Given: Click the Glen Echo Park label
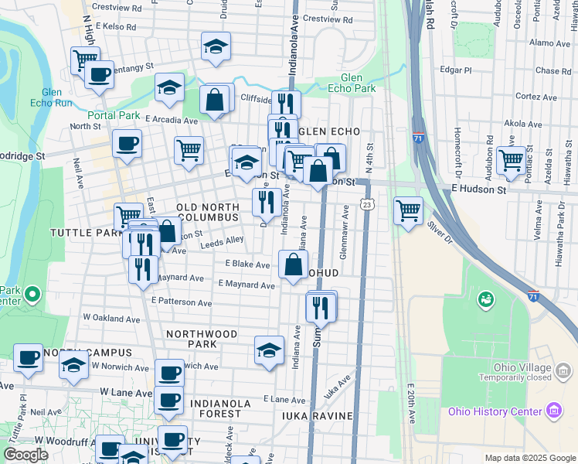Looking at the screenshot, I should (x=358, y=83).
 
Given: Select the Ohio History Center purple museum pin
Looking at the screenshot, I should (x=553, y=410).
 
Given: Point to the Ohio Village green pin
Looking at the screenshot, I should (x=486, y=298).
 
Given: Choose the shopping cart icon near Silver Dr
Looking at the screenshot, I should (x=407, y=210).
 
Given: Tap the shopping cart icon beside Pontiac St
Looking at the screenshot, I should (x=510, y=160).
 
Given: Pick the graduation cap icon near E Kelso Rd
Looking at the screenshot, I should (x=216, y=47).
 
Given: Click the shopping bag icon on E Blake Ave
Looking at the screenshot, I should (x=294, y=264).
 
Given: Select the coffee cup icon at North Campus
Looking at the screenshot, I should (x=28, y=358).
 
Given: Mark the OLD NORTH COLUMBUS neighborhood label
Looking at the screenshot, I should (x=208, y=213).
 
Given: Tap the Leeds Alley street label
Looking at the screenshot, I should (x=223, y=241).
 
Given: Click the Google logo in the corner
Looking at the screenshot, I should (x=25, y=455).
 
